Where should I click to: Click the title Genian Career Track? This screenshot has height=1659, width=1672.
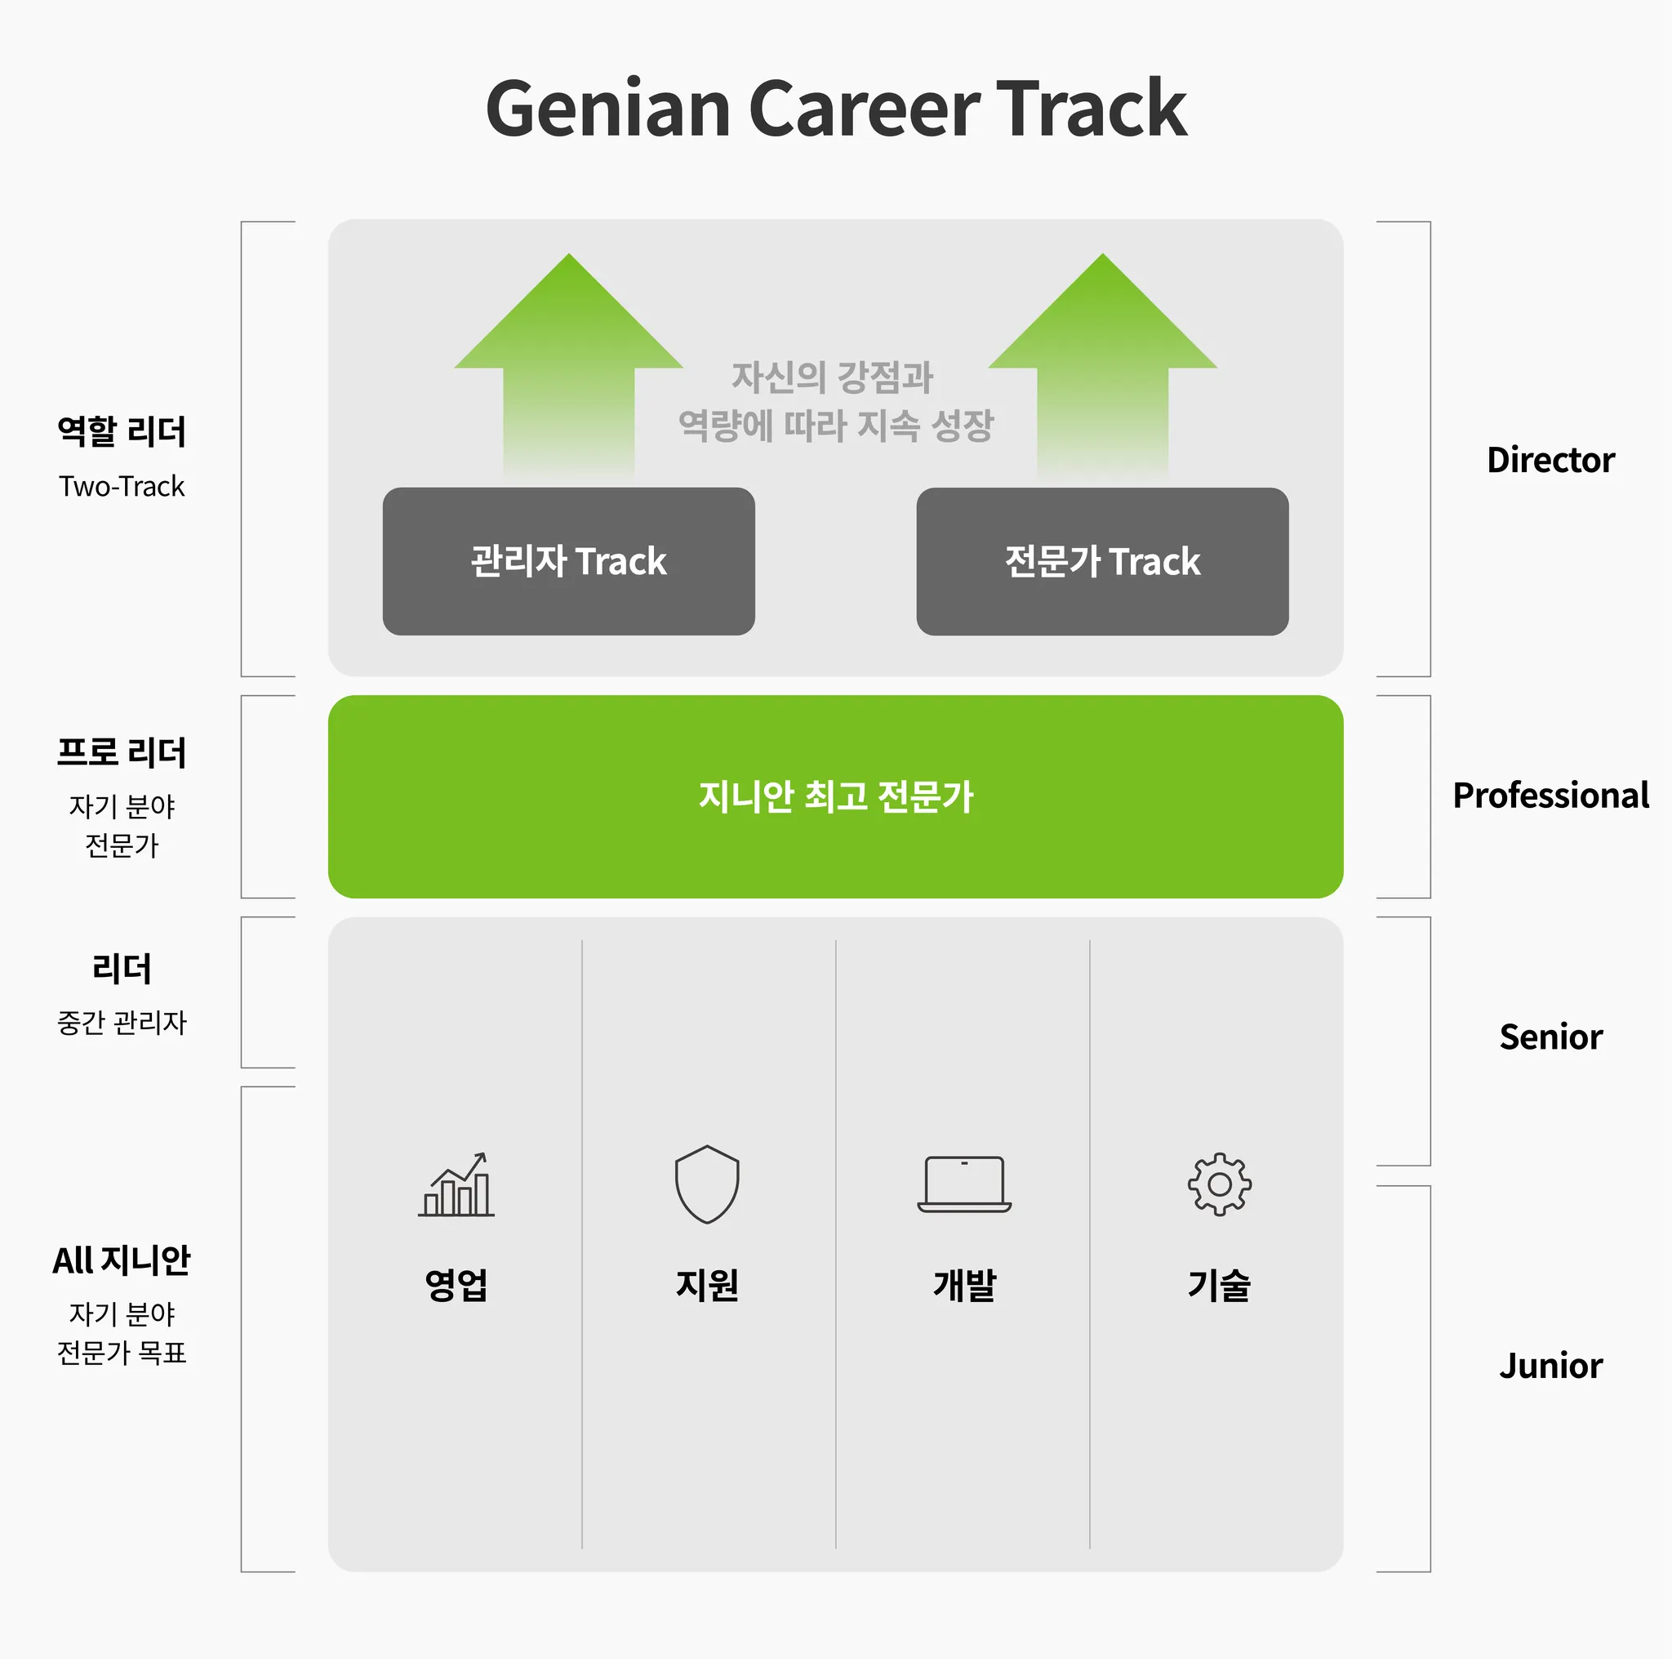pyautogui.click(x=836, y=109)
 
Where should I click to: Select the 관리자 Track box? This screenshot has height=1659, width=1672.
pyautogui.click(x=568, y=561)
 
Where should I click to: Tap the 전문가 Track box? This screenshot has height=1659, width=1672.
pyautogui.click(x=1101, y=561)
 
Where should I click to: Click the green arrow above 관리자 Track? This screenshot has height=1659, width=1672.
pyautogui.click(x=568, y=363)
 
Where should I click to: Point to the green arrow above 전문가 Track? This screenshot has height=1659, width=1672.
pyautogui.click(x=1102, y=363)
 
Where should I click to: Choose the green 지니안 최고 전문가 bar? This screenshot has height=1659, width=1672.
pyautogui.click(x=835, y=796)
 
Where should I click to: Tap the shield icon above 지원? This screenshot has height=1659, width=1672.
pyautogui.click(x=707, y=1184)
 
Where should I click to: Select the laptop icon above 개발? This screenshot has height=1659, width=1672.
pyautogui.click(x=964, y=1184)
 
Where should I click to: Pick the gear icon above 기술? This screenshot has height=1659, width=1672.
pyautogui.click(x=1220, y=1184)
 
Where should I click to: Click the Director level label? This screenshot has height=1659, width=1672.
pyautogui.click(x=1550, y=460)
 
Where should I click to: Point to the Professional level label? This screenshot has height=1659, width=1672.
pyautogui.click(x=1550, y=795)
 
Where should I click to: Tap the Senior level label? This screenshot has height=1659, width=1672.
pyautogui.click(x=1550, y=1037)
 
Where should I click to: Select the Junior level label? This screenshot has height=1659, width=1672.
pyautogui.click(x=1550, y=1366)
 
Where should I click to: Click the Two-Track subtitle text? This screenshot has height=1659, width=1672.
pyautogui.click(x=122, y=487)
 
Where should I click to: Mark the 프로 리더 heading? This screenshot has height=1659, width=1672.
pyautogui.click(x=122, y=752)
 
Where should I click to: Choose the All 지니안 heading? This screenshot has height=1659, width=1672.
pyautogui.click(x=122, y=1260)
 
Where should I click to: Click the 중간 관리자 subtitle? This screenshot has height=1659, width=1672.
pyautogui.click(x=122, y=1023)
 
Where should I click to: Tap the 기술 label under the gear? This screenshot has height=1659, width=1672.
pyautogui.click(x=1220, y=1285)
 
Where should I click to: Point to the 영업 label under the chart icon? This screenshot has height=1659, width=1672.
pyautogui.click(x=456, y=1285)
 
